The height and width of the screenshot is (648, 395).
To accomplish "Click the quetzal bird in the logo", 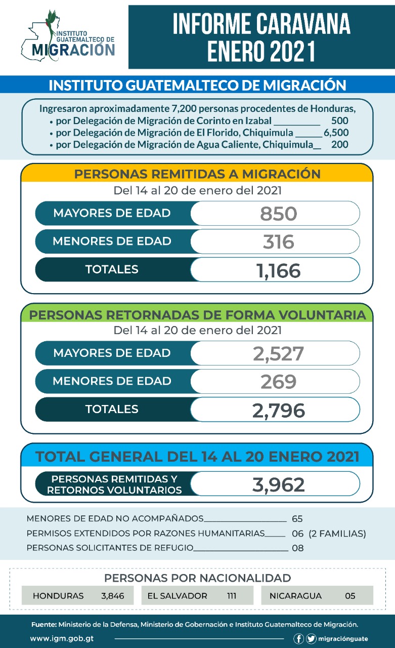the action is (52, 32).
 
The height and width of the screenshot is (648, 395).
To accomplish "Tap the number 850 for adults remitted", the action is (279, 214).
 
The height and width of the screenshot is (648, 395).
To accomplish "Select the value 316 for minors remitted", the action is (279, 242).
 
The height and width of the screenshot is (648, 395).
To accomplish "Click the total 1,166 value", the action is (279, 271).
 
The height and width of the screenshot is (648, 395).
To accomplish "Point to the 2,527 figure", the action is (279, 354).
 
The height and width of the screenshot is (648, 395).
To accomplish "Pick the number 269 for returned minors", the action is (279, 382).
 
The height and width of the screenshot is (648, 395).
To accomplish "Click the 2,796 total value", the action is (279, 411).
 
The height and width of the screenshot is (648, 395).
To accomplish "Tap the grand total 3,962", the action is (279, 485).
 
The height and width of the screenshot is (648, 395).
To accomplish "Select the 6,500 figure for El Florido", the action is (336, 133).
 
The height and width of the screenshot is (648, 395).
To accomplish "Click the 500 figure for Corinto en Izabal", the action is (340, 120).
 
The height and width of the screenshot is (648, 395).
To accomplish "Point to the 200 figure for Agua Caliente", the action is (340, 144).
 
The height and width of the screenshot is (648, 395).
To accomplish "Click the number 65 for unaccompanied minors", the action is (297, 519).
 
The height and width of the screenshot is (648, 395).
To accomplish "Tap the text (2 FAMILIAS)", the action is (337, 534).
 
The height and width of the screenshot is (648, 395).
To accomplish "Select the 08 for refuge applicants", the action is (297, 548).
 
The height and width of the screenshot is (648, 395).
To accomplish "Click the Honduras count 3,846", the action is (113, 596).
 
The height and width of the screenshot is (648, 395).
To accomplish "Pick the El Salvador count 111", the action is (232, 596).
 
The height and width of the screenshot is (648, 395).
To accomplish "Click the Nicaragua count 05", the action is (350, 596).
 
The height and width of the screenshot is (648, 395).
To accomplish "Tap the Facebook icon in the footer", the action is (298, 639).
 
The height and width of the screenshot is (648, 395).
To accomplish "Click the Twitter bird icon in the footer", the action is (311, 639).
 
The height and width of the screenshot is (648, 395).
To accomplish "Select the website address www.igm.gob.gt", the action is (62, 639).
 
